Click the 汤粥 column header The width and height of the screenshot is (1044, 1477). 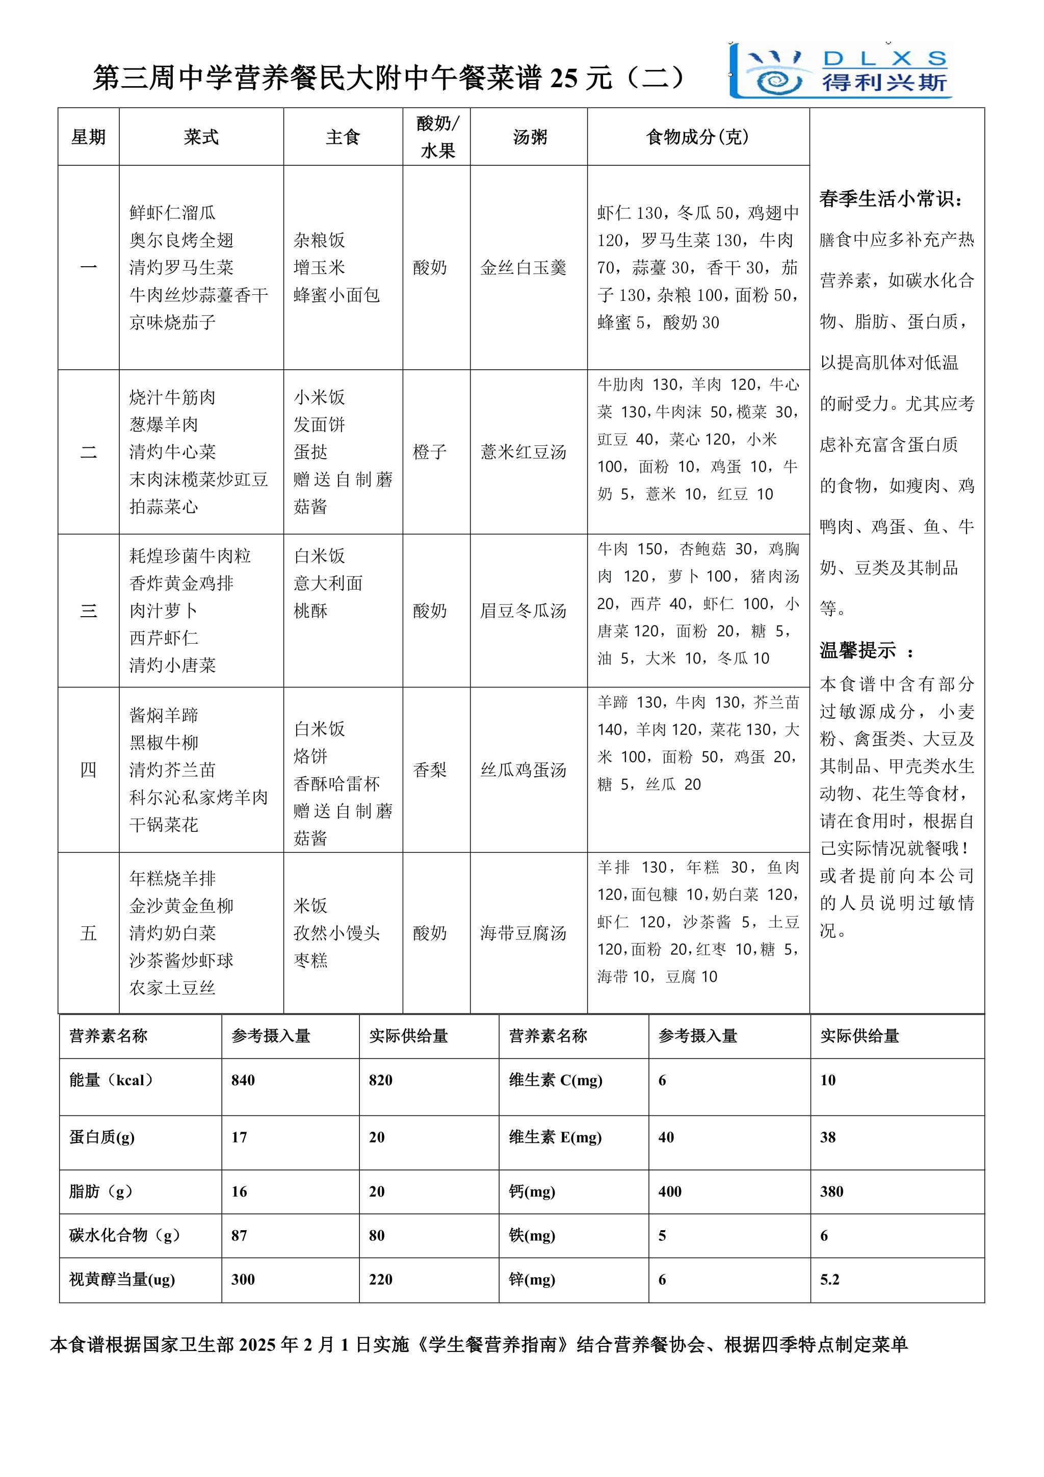(x=529, y=137)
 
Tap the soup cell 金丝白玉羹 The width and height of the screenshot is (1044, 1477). (x=524, y=268)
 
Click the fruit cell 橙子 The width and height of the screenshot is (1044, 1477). (x=429, y=451)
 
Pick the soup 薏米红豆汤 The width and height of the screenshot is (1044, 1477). (x=524, y=451)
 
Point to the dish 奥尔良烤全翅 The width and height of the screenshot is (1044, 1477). (x=181, y=240)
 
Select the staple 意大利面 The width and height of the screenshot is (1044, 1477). (x=328, y=583)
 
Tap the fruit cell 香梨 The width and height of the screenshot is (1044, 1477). (x=429, y=770)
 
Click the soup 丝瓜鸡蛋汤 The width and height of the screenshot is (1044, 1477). (x=524, y=770)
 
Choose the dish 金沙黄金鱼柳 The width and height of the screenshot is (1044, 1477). (x=181, y=906)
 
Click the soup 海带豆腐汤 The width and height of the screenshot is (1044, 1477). (x=524, y=933)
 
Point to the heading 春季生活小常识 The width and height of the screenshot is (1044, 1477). (x=891, y=199)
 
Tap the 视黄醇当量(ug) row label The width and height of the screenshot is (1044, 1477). (x=122, y=1279)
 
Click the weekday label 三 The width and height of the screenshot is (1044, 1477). (x=88, y=610)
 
